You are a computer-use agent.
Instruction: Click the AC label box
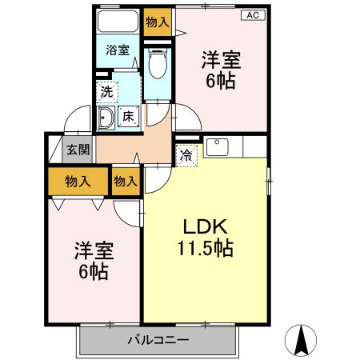pos(251,15)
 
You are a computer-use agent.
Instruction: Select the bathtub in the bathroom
pos(118,22)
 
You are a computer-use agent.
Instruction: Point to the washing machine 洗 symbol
pos(106,91)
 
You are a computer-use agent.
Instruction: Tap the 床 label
pos(129,118)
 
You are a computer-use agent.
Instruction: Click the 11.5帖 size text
pos(206,248)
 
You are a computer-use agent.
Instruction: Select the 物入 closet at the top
pos(157,21)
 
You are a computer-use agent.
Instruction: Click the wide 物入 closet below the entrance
pos(77,181)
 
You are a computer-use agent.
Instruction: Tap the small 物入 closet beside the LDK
pos(126,181)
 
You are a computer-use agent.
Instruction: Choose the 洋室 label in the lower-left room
pos(94,249)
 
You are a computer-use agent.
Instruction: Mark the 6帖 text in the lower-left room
pos(94,270)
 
